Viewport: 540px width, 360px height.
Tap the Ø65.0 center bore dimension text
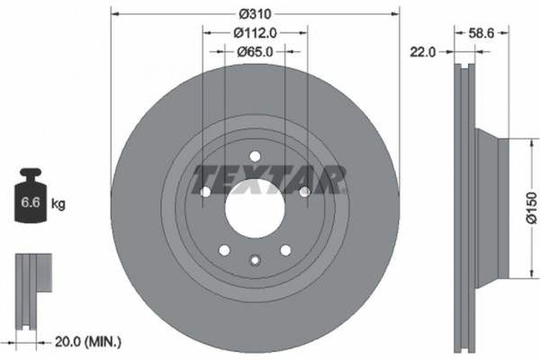tap(255, 51)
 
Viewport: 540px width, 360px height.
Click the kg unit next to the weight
tap(58, 204)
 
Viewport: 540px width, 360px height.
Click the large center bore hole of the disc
tap(255, 213)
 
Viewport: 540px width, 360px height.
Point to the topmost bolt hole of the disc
tap(255, 155)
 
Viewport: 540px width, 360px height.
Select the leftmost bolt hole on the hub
tap(206, 192)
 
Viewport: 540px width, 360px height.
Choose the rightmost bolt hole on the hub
tap(304, 192)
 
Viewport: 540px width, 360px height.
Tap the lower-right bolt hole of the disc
tap(285, 250)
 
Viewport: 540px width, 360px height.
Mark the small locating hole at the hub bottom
tap(255, 262)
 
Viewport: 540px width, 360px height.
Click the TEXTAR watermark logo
tap(270, 178)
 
